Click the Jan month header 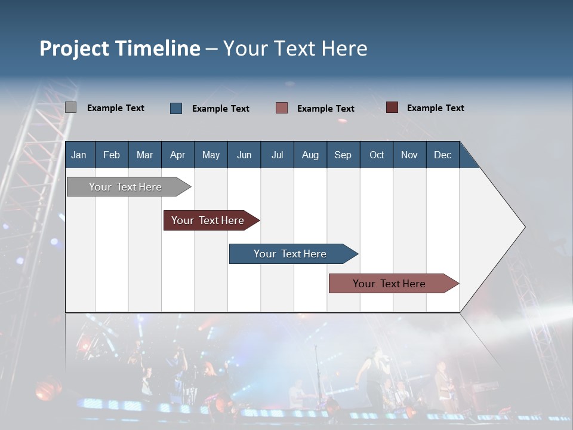tap(79, 155)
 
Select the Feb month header tap(112, 155)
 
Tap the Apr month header tap(177, 155)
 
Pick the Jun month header tap(244, 155)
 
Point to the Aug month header tap(310, 155)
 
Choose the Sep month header tap(343, 155)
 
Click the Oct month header tap(377, 155)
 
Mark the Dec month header tap(442, 155)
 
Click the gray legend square tap(70, 107)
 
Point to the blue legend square tap(176, 108)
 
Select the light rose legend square tap(282, 108)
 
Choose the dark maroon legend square tap(392, 107)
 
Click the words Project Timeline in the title tap(120, 48)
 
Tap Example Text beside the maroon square tap(435, 107)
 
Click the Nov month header tap(409, 155)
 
